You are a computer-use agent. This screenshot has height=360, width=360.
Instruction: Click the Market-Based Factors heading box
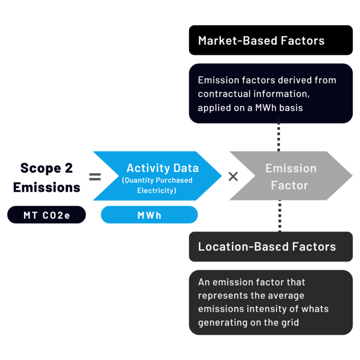point(270,40)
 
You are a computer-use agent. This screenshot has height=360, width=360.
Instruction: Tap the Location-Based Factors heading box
point(270,247)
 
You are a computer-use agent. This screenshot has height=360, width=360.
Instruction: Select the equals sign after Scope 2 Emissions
point(95,177)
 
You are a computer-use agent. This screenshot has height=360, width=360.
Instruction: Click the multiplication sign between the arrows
point(233,177)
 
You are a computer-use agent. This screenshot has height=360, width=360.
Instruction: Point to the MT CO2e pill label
point(47,215)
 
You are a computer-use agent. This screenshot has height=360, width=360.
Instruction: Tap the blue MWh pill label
point(149,215)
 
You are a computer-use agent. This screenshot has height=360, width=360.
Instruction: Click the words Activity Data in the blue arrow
point(162,168)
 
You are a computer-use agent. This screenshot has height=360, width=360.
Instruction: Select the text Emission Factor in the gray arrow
point(290,177)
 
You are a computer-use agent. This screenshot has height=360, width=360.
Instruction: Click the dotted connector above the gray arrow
point(279,136)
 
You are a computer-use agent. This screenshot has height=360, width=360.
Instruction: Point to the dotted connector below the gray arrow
point(279,216)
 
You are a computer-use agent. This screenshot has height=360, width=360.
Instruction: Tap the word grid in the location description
point(289,322)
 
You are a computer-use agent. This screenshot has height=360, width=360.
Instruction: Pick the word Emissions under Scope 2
point(46,187)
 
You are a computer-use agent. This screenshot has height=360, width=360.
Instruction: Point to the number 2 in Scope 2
point(69,168)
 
